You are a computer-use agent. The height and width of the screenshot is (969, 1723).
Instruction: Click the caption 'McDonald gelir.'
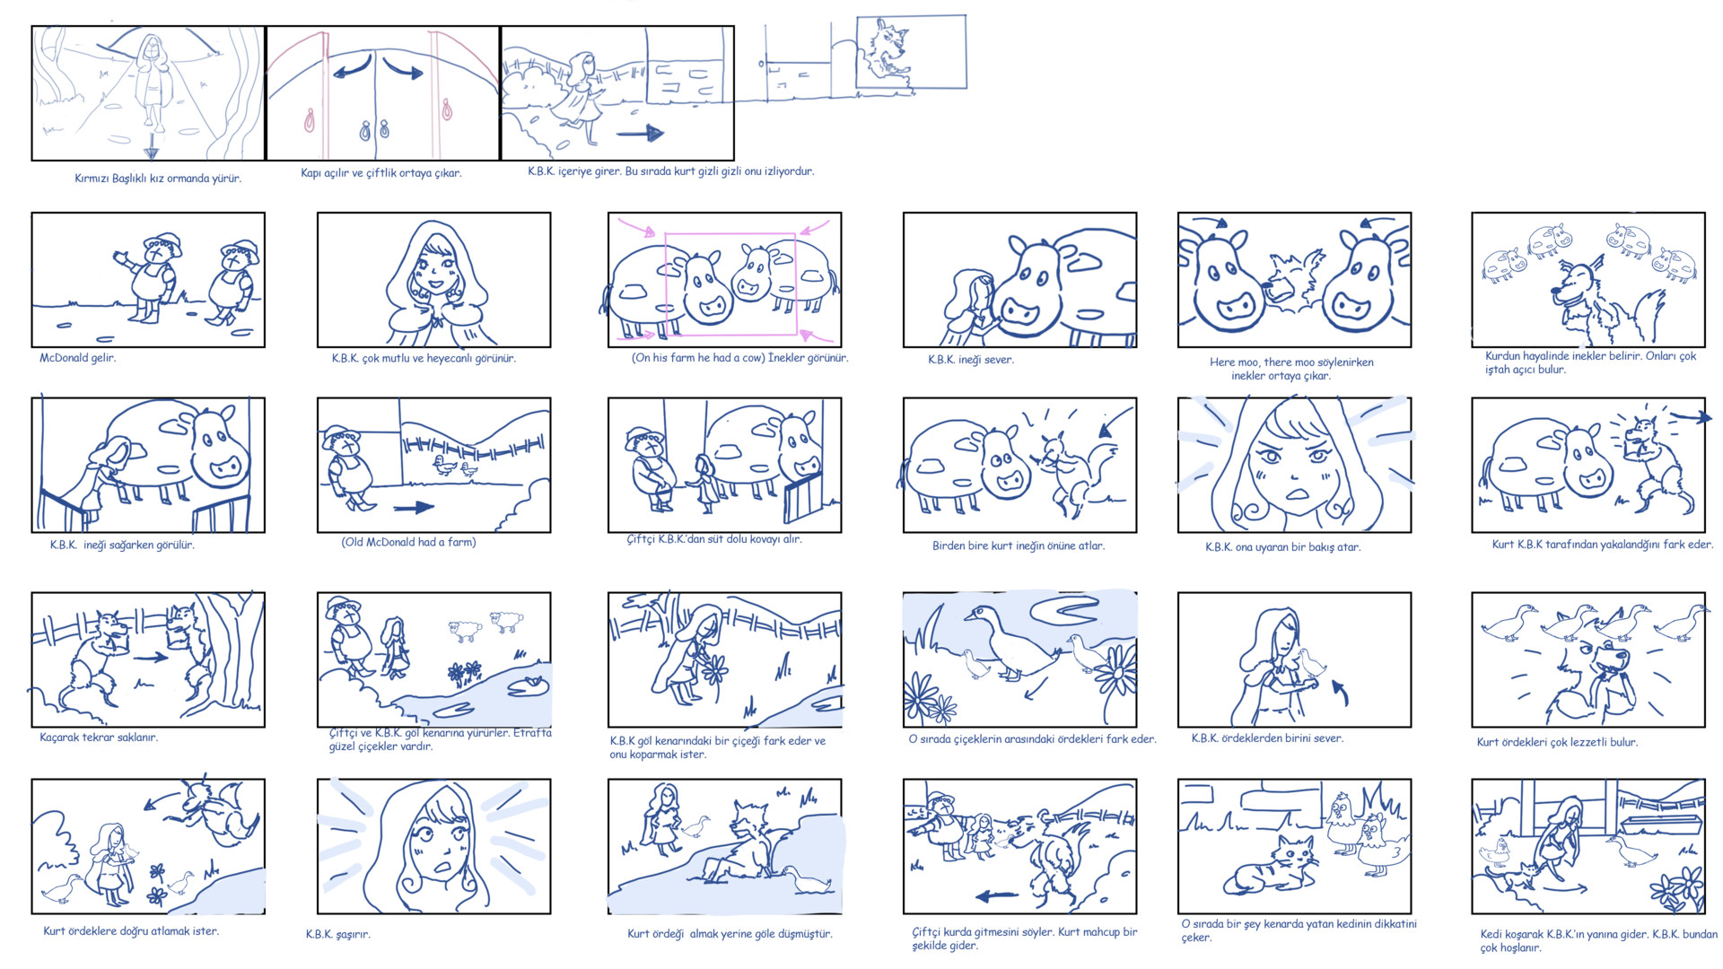[x=77, y=358]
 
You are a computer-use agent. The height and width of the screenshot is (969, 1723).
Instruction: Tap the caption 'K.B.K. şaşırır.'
[x=337, y=934]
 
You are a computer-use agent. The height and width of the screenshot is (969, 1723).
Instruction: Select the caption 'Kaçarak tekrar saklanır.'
[x=99, y=738]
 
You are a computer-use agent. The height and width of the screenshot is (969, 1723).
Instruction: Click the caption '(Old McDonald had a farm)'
[x=408, y=542]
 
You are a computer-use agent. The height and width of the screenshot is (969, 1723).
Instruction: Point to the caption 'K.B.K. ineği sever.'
[x=970, y=360]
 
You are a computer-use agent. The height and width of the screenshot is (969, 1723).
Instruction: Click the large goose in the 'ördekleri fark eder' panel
[x=1010, y=642]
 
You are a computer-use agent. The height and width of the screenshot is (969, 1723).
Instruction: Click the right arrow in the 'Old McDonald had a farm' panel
[x=413, y=508]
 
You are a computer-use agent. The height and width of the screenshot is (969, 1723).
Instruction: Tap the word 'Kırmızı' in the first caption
[x=92, y=179]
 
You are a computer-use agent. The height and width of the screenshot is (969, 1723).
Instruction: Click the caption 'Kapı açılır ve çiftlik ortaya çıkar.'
[x=380, y=173]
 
